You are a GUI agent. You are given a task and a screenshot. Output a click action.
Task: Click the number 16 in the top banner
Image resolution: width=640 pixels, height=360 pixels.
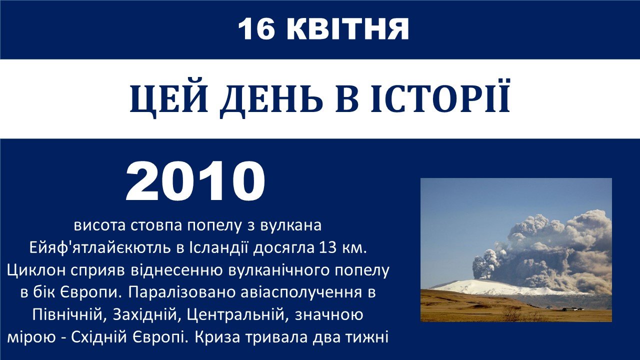pyautogui.click(x=256, y=29)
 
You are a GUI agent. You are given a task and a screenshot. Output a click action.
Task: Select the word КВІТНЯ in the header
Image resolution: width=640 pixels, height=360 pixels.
pyautogui.click(x=347, y=29)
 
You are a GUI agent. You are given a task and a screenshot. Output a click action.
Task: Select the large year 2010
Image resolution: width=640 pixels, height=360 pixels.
pyautogui.click(x=195, y=181)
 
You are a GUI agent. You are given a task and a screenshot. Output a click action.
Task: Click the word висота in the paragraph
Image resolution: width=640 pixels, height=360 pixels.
pyautogui.click(x=99, y=225)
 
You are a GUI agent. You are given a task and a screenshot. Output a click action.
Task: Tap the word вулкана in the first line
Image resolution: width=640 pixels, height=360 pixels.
pyautogui.click(x=291, y=225)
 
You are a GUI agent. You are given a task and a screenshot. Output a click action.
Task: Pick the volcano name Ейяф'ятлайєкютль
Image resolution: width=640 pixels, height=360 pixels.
pyautogui.click(x=100, y=248)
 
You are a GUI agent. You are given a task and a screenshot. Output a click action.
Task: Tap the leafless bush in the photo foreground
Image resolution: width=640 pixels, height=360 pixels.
pyautogui.click(x=512, y=313)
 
